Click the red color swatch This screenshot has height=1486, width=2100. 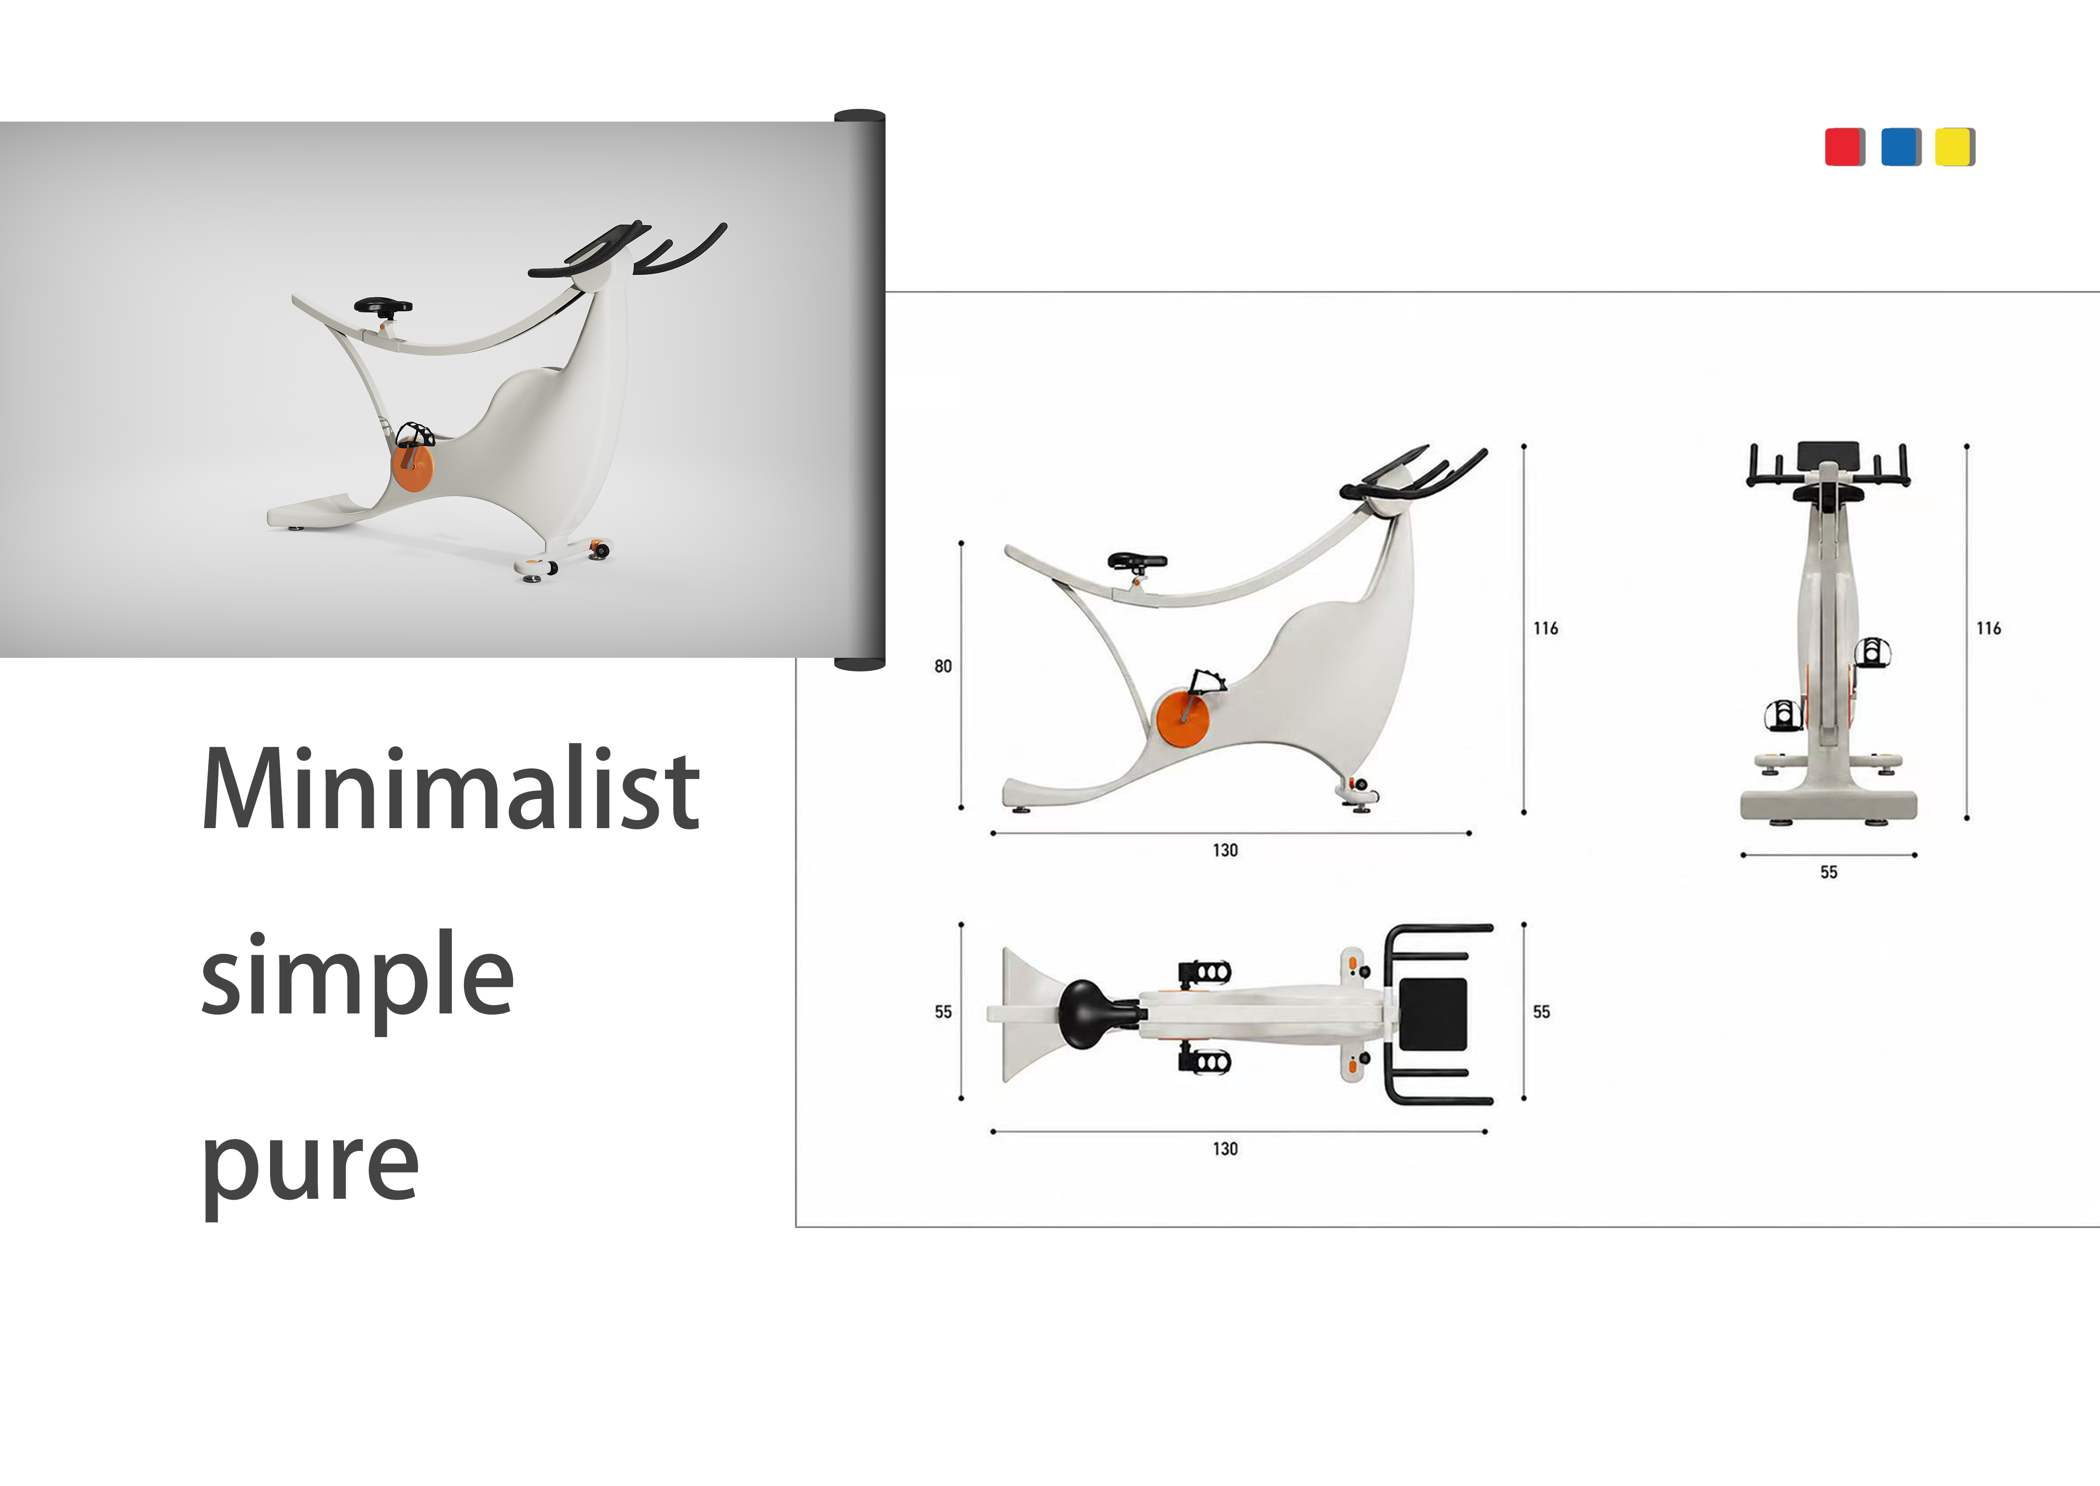pos(1844,147)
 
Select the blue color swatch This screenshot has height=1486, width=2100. pos(1901,147)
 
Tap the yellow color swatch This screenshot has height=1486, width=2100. pos(1954,147)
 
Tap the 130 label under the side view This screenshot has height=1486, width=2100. pos(1225,850)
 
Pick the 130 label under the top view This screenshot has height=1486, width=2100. pos(1225,1148)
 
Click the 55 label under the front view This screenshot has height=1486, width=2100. pos(1828,872)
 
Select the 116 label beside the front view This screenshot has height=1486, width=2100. pos(1988,628)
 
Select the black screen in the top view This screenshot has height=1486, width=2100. pos(1433,1014)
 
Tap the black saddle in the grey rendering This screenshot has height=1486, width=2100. pos(383,305)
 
